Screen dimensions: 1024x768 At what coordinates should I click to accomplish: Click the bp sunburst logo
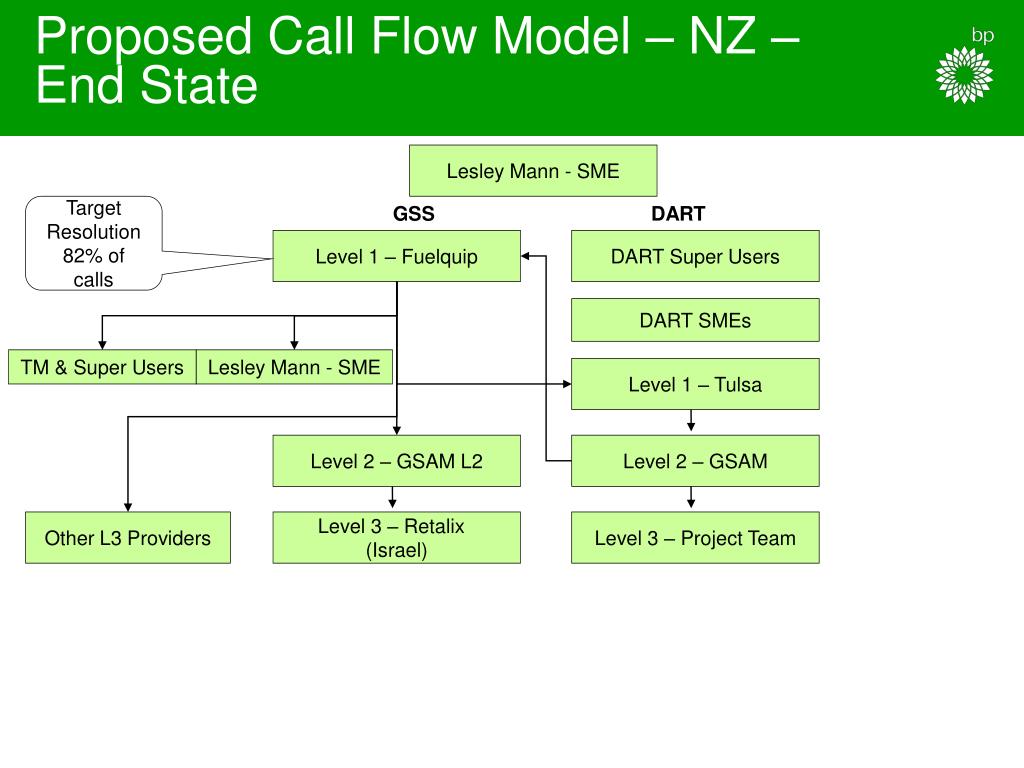pyautogui.click(x=964, y=74)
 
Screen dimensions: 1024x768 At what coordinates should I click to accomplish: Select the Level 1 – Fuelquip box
pyautogui.click(x=396, y=256)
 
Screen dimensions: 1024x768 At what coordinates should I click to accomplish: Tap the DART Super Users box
pyautogui.click(x=695, y=256)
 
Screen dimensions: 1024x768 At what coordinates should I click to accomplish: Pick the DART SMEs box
pyautogui.click(x=695, y=320)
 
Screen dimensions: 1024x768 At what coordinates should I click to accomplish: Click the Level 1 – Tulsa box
pyautogui.click(x=695, y=384)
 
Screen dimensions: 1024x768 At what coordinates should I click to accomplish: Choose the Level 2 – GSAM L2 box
pyautogui.click(x=396, y=461)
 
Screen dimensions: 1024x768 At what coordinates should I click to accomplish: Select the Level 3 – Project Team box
pyautogui.click(x=695, y=537)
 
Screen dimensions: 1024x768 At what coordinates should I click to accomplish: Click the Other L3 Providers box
pyautogui.click(x=128, y=537)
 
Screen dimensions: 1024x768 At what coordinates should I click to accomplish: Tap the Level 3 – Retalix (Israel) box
pyautogui.click(x=396, y=537)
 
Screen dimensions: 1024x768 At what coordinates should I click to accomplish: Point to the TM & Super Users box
pyautogui.click(x=102, y=367)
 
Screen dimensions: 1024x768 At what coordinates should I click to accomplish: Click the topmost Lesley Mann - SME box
pyautogui.click(x=533, y=170)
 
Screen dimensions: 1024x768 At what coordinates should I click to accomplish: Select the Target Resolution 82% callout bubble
pyautogui.click(x=93, y=243)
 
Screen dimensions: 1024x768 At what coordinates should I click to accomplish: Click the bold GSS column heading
pyautogui.click(x=413, y=214)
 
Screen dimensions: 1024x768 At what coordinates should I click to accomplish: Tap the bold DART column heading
pyautogui.click(x=678, y=214)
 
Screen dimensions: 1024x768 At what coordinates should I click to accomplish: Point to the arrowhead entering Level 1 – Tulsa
pyautogui.click(x=566, y=384)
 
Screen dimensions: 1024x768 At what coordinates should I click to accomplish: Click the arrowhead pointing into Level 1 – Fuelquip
pyautogui.click(x=526, y=256)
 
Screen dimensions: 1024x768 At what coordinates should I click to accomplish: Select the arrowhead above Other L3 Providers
pyautogui.click(x=128, y=507)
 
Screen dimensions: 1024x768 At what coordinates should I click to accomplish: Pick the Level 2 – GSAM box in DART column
pyautogui.click(x=695, y=461)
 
